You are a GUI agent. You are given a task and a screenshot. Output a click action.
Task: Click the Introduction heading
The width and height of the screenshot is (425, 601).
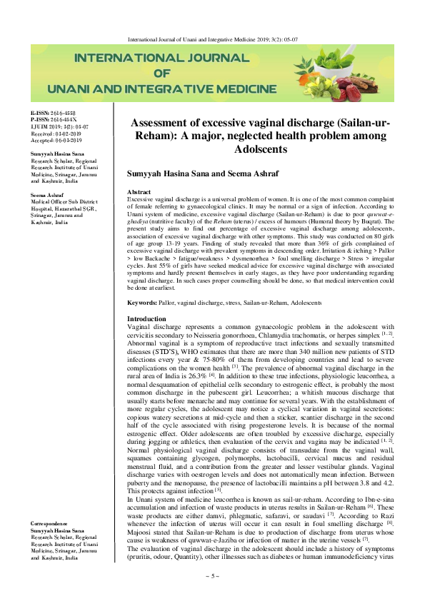146,318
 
